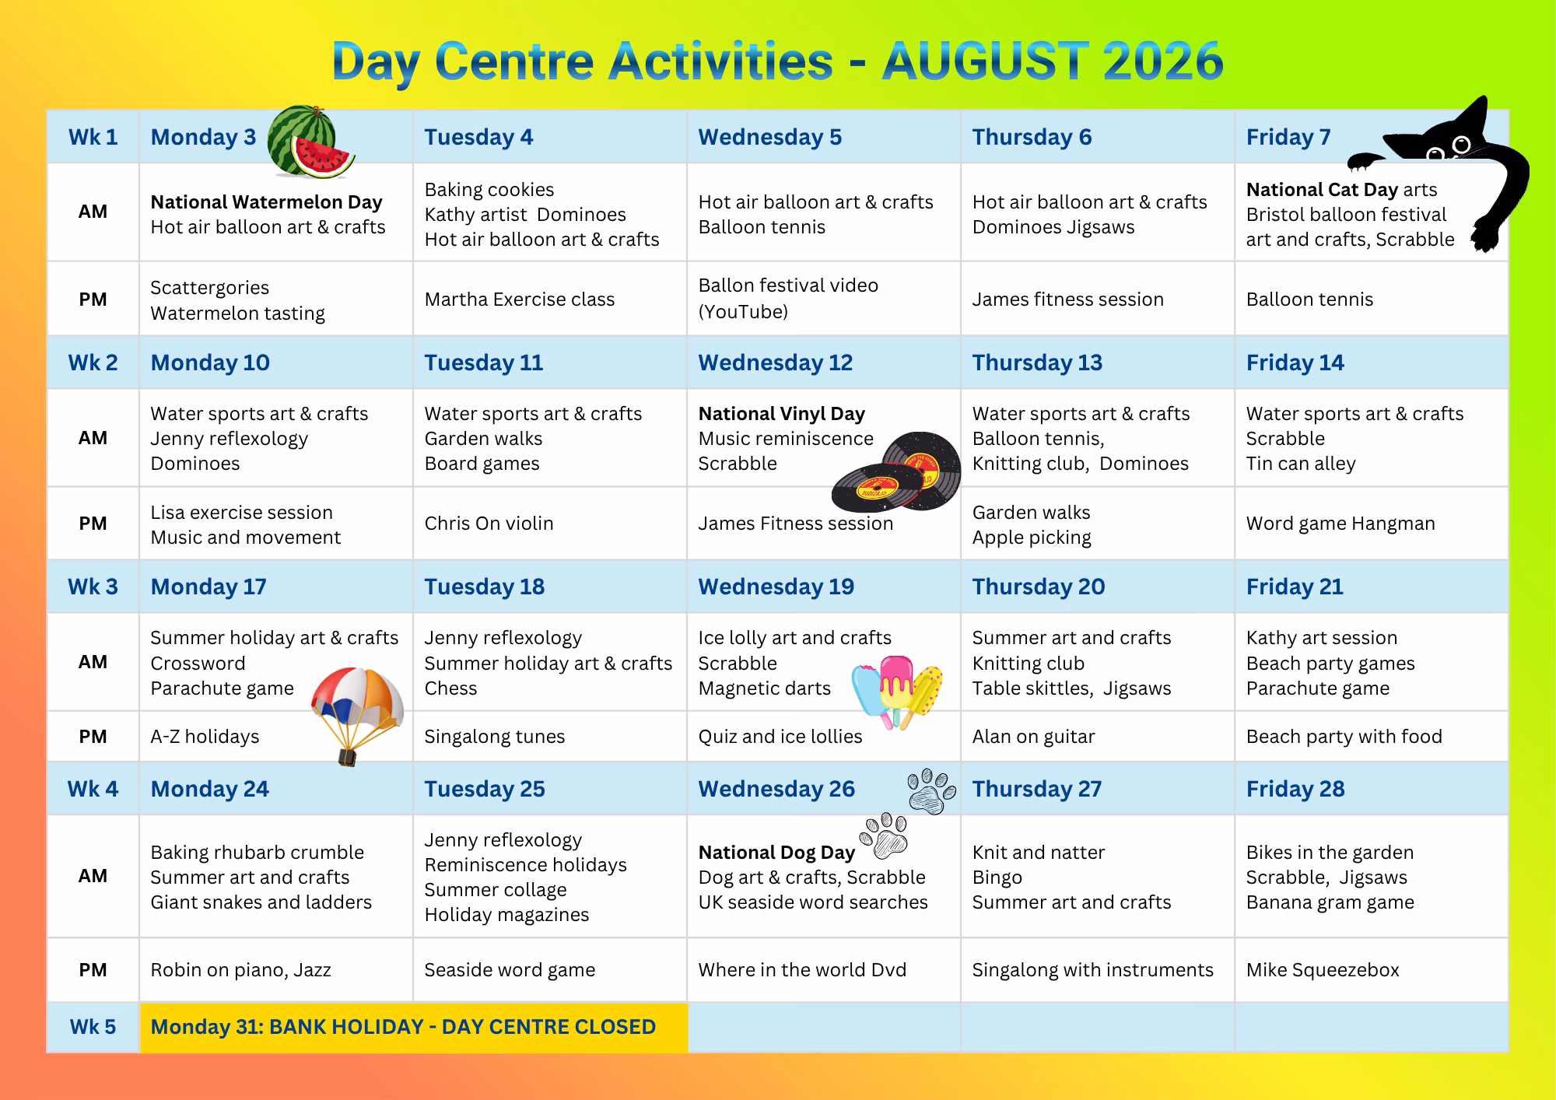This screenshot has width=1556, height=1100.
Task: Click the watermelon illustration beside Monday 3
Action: click(310, 142)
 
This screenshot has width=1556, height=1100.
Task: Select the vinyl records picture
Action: click(897, 471)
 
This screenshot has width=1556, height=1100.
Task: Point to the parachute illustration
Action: click(357, 712)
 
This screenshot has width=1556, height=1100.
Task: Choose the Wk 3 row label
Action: click(93, 587)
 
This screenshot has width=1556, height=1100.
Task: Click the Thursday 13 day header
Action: click(1037, 363)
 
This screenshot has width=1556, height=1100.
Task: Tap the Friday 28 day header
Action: click(1295, 789)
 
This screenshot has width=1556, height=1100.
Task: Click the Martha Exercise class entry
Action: click(519, 300)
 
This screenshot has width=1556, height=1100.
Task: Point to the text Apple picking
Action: click(1032, 538)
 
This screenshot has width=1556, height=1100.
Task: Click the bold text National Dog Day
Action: click(776, 853)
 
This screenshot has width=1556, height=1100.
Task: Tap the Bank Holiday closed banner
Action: click(413, 1028)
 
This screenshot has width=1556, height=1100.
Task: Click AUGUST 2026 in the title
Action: click(1053, 61)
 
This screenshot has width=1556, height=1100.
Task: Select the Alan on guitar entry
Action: click(1033, 737)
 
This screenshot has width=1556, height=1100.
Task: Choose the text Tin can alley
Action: click(1301, 464)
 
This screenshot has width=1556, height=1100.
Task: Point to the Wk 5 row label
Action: click(93, 1027)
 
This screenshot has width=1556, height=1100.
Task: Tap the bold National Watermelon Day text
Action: click(266, 202)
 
